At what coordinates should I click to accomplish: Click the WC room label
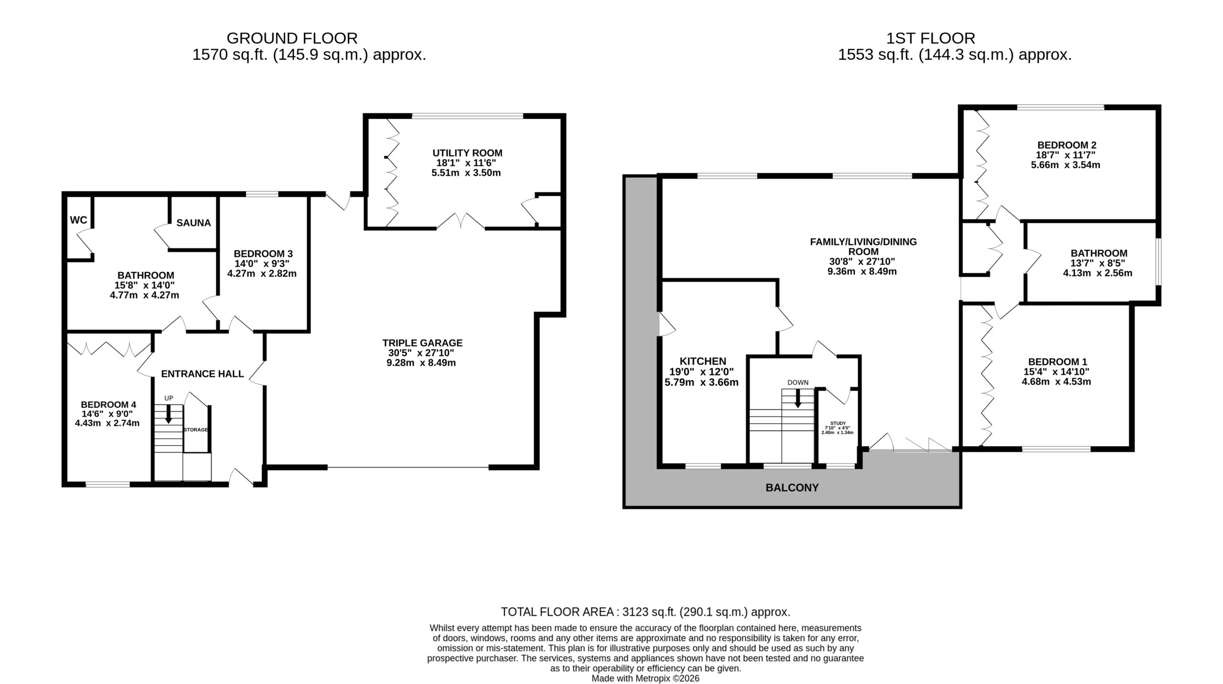pyautogui.click(x=79, y=220)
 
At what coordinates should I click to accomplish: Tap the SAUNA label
pyautogui.click(x=193, y=223)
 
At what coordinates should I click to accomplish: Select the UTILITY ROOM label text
pyautogui.click(x=467, y=153)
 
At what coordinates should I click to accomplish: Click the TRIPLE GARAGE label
pyautogui.click(x=422, y=342)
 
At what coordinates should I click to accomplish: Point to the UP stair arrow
pyautogui.click(x=168, y=414)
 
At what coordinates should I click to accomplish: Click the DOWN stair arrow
pyautogui.click(x=797, y=398)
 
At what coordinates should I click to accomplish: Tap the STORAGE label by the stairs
pyautogui.click(x=196, y=430)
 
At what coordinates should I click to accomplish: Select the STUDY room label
pyautogui.click(x=838, y=423)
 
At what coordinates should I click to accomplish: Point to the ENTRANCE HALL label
pyautogui.click(x=203, y=374)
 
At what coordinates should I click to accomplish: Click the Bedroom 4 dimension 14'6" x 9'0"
pyautogui.click(x=107, y=414)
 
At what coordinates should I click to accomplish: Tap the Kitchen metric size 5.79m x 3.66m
pyautogui.click(x=702, y=382)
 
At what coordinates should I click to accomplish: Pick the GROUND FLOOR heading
pyautogui.click(x=292, y=38)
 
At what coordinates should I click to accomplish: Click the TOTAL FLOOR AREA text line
pyautogui.click(x=645, y=612)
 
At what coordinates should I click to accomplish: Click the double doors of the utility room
pyautogui.click(x=461, y=222)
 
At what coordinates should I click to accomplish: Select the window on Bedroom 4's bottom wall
pyautogui.click(x=107, y=484)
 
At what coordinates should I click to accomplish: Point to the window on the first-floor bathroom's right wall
pyautogui.click(x=1158, y=262)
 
